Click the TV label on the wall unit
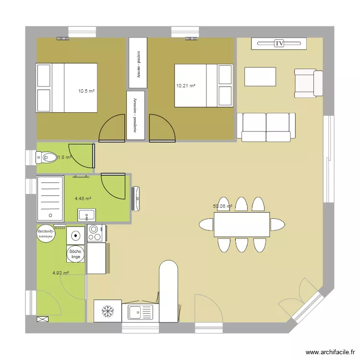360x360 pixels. [x=279, y=44]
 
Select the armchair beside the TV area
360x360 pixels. [x=308, y=83]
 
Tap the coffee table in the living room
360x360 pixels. [x=260, y=77]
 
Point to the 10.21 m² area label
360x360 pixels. [x=186, y=86]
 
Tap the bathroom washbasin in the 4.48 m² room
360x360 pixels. [x=86, y=214]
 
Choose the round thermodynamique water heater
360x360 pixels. [x=46, y=234]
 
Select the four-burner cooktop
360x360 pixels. [x=95, y=234]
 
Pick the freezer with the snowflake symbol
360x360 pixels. [x=108, y=311]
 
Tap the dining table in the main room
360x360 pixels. [x=242, y=224]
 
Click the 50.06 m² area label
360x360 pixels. [x=223, y=206]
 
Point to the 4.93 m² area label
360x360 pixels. [x=60, y=273]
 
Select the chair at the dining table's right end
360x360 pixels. [x=277, y=224]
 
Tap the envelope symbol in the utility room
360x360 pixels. [x=43, y=318]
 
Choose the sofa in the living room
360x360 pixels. [x=266, y=127]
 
